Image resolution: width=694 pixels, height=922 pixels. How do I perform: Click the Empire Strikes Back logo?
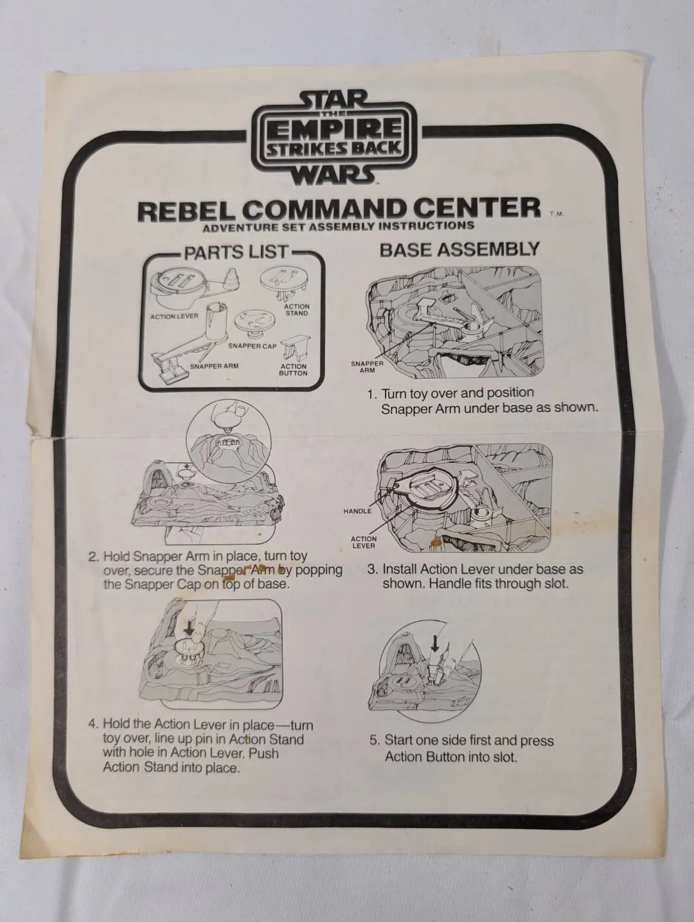[x=334, y=136]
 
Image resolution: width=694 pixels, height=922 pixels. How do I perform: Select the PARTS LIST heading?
[x=236, y=252]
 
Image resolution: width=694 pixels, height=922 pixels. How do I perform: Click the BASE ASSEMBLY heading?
[x=459, y=249]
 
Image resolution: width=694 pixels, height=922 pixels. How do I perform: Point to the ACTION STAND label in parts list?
[x=296, y=310]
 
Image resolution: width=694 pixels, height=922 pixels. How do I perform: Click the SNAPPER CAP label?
[x=253, y=346]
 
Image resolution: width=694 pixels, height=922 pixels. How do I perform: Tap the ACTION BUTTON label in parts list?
[x=293, y=370]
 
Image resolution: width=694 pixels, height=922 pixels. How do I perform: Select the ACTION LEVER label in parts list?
[x=174, y=316]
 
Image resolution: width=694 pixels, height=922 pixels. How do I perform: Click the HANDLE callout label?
[x=357, y=511]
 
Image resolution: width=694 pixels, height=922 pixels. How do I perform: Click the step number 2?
[x=93, y=556]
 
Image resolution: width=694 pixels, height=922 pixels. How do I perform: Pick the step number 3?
[x=372, y=570]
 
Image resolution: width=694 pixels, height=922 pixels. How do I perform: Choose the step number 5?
[x=374, y=741]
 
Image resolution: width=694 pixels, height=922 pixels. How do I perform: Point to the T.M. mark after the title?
[x=556, y=216]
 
